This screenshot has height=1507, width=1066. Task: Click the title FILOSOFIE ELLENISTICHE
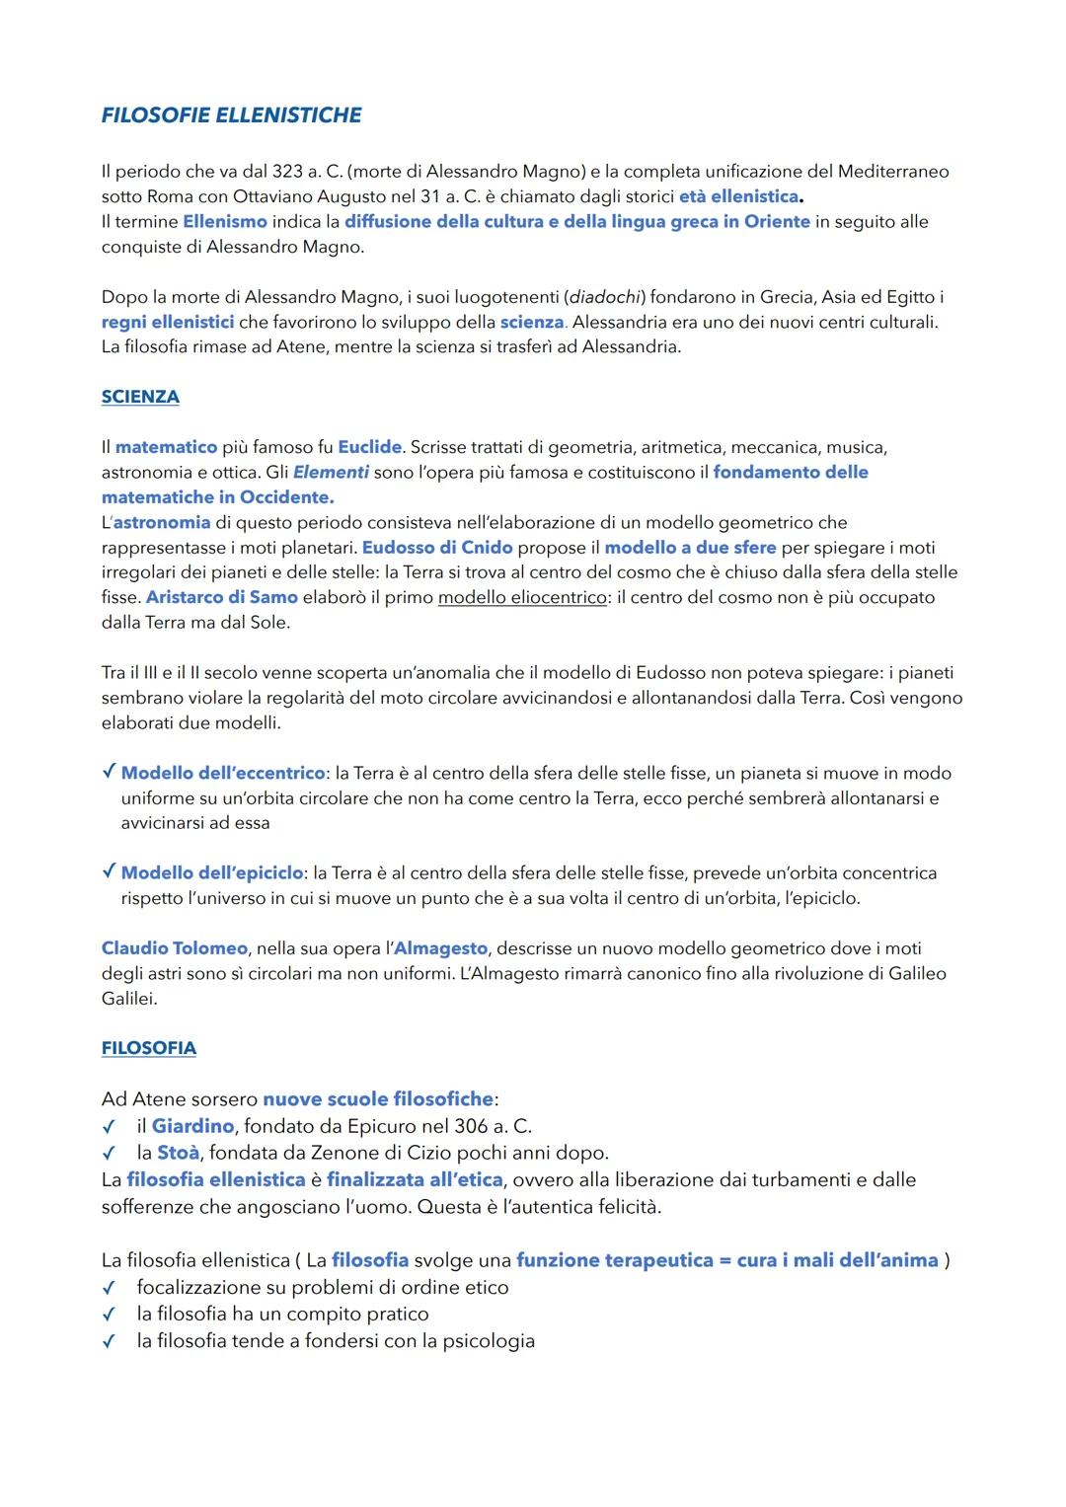click(231, 115)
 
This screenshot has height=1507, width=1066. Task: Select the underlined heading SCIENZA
click(140, 397)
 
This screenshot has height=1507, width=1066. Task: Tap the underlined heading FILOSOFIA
click(148, 1048)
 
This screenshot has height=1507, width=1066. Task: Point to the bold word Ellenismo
click(224, 222)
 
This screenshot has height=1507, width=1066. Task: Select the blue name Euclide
click(369, 447)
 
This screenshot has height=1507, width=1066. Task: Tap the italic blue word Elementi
click(331, 473)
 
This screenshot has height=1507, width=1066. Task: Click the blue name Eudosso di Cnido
click(437, 548)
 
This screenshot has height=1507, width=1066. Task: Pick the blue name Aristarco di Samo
click(221, 597)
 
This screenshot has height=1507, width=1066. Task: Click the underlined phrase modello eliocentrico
click(522, 597)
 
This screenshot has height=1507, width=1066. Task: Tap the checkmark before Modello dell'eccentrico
click(109, 772)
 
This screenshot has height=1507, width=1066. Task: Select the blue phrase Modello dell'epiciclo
click(211, 873)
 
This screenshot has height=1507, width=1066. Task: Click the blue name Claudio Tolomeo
click(174, 948)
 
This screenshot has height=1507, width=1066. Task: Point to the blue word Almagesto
click(440, 948)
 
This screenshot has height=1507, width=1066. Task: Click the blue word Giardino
click(192, 1126)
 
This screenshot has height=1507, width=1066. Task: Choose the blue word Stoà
click(178, 1153)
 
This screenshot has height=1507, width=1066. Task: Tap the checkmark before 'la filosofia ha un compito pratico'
click(109, 1315)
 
